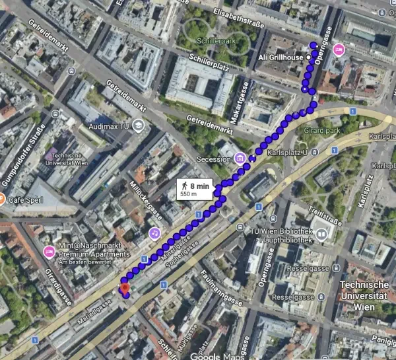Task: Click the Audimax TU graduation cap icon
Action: (x=138, y=124)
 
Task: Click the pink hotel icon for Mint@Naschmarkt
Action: (x=48, y=252)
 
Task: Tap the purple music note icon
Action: (x=154, y=233)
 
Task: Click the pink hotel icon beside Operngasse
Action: (x=339, y=50)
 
